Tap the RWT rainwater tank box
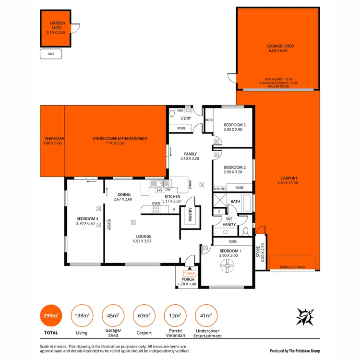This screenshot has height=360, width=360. click(51, 54)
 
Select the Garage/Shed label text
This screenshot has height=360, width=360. click(277, 48)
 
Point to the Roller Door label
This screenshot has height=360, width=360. click(277, 86)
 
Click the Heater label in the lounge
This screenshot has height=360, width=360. click(109, 224)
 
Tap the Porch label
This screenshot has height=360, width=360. click(188, 282)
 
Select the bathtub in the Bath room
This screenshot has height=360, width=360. click(247, 204)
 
